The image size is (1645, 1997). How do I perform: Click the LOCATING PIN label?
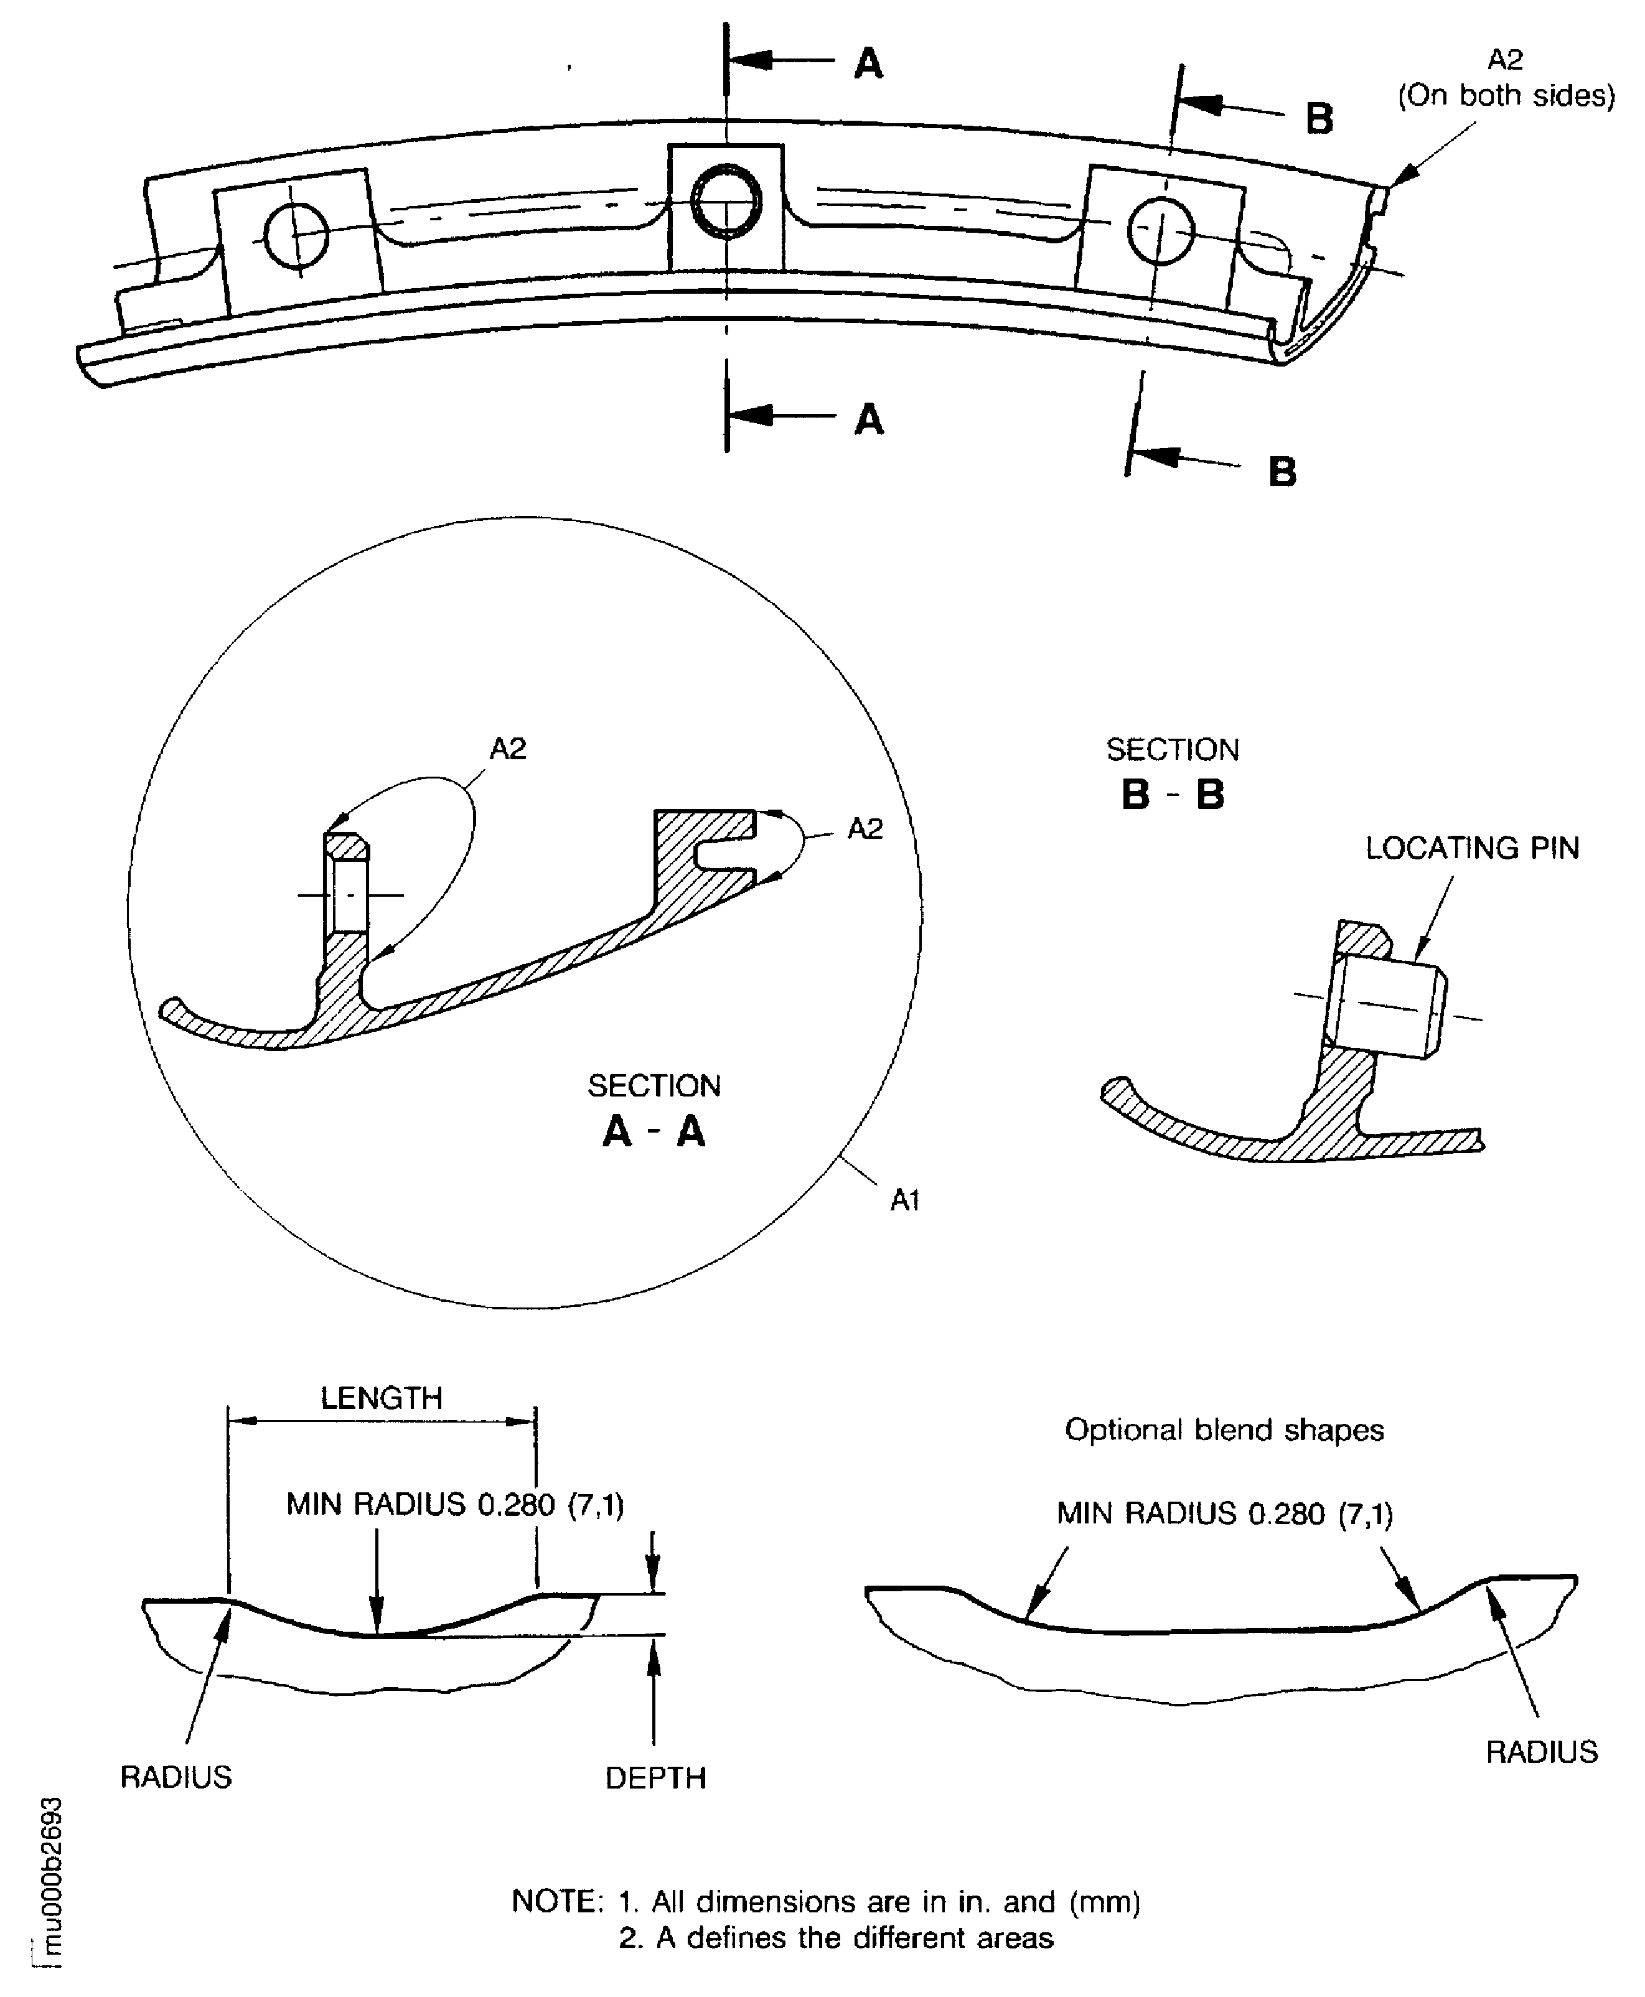click(1471, 848)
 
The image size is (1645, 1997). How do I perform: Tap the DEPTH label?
click(656, 1778)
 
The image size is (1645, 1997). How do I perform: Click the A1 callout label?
click(905, 1201)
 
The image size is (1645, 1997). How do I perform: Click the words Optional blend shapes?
click(1224, 1429)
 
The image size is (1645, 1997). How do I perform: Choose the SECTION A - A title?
click(654, 1110)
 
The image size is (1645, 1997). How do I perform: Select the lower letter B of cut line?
click(1282, 471)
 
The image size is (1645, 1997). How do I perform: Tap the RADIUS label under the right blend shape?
click(1542, 1752)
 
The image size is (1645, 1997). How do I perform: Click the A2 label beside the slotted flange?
click(864, 829)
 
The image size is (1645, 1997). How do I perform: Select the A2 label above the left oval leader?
click(507, 749)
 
